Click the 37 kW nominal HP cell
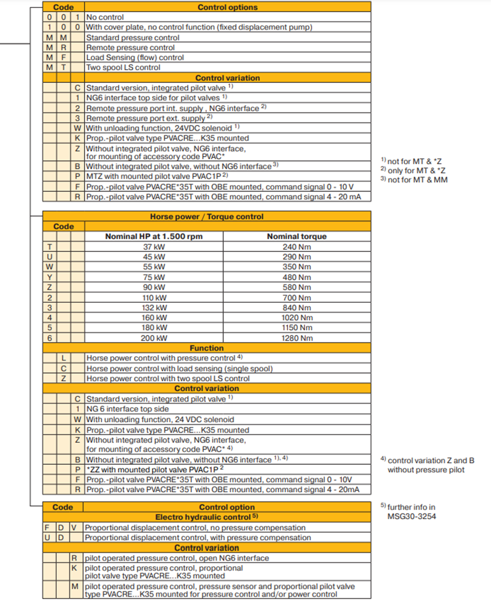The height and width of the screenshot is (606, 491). point(154,247)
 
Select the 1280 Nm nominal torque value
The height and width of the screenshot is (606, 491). point(296,338)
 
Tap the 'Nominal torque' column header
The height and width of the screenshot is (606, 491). point(296,236)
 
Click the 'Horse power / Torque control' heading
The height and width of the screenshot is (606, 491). point(206,217)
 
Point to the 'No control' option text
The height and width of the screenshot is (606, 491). point(105,17)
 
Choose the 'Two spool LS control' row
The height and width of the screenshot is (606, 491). point(123,68)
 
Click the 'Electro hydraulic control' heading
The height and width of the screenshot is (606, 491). point(206,517)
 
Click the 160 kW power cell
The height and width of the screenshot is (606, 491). point(154,317)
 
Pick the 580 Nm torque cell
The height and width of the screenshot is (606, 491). point(296,287)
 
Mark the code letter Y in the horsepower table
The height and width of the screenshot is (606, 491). point(49,277)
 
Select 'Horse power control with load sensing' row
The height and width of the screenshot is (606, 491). point(179,368)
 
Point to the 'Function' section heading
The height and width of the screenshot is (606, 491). point(206,348)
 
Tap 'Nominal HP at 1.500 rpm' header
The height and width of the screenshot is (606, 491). point(154,236)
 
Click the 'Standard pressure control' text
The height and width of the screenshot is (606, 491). point(133,38)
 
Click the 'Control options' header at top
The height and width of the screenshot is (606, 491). point(227,7)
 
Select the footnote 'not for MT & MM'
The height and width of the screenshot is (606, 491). point(414,180)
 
